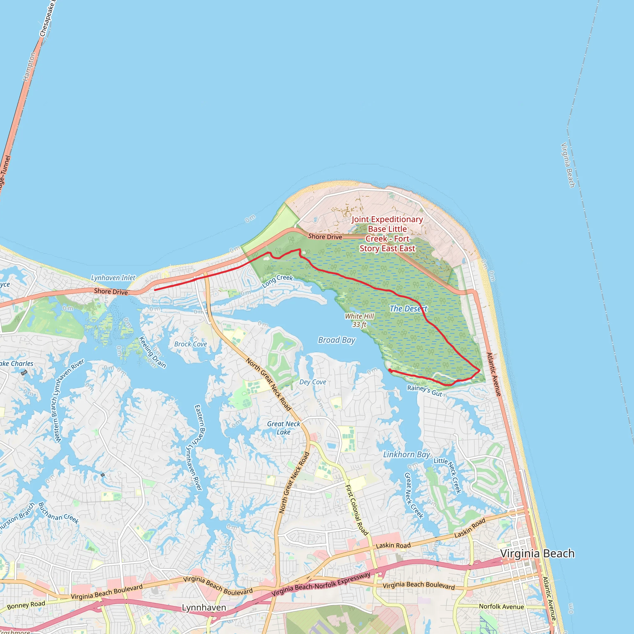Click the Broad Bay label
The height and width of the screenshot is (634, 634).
pyautogui.click(x=337, y=340)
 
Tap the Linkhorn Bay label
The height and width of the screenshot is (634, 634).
pyautogui.click(x=406, y=454)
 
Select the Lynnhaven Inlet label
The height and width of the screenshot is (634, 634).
pyautogui.click(x=113, y=278)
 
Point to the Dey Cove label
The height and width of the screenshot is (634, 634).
pyautogui.click(x=312, y=382)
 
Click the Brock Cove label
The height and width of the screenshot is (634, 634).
pyautogui.click(x=190, y=344)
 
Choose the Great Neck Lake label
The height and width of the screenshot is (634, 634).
pyautogui.click(x=284, y=428)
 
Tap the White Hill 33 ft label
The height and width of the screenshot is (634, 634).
pyautogui.click(x=359, y=320)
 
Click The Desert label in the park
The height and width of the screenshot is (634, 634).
pyautogui.click(x=408, y=308)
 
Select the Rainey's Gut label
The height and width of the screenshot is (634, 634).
pyautogui.click(x=425, y=390)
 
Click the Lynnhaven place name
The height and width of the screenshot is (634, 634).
pyautogui.click(x=204, y=607)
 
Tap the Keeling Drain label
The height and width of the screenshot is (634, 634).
pyautogui.click(x=152, y=352)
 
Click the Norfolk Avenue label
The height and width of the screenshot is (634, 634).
pyautogui.click(x=501, y=606)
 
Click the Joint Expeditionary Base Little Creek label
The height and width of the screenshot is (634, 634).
pyautogui.click(x=387, y=234)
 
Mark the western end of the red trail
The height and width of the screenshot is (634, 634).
pyautogui.click(x=155, y=290)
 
